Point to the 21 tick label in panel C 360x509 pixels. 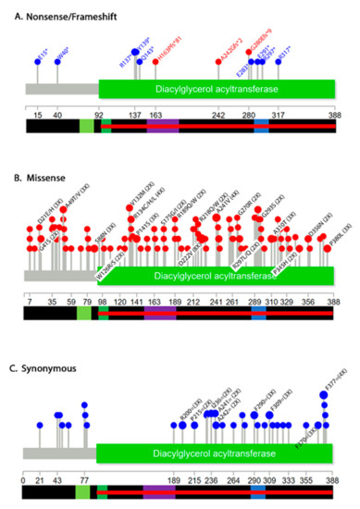(x=40, y=479)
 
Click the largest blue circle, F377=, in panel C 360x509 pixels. (x=324, y=397)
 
